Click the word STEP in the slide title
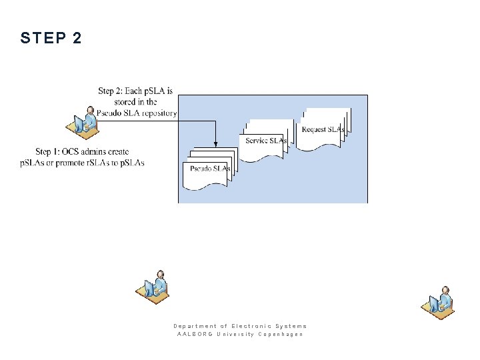click(41, 39)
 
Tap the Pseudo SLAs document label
click(210, 169)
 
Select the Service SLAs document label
click(266, 141)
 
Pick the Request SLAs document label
click(323, 129)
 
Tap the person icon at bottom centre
click(155, 287)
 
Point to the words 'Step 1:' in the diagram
click(51, 152)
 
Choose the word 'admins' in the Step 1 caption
click(96, 152)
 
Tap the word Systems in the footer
click(291, 326)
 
